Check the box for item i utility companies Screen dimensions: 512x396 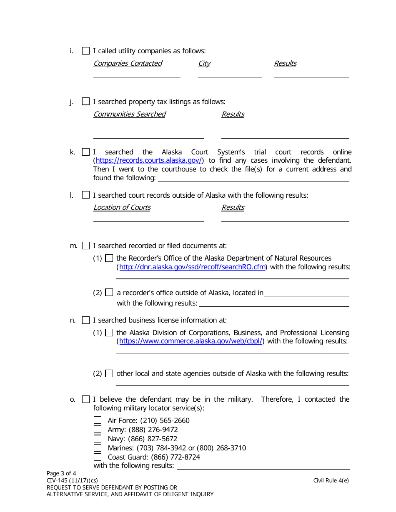click(x=86, y=51)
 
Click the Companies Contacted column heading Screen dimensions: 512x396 click(x=128, y=63)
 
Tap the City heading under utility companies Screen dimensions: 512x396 click(x=204, y=63)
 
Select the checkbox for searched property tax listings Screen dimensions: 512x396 click(x=86, y=102)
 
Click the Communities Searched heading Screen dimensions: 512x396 click(x=129, y=114)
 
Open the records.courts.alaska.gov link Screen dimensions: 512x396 click(x=149, y=161)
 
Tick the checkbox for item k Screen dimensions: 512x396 click(x=86, y=152)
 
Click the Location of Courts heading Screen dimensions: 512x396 click(x=122, y=207)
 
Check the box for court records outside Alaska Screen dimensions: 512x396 click(x=86, y=195)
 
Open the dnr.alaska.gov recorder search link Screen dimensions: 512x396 click(x=192, y=267)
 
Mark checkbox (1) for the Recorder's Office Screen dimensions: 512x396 click(x=109, y=258)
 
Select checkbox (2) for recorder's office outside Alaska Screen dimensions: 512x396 click(x=109, y=293)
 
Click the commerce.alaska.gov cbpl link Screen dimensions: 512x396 click(x=190, y=341)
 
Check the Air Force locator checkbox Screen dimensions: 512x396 click(x=98, y=420)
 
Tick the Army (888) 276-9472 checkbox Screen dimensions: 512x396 click(x=98, y=430)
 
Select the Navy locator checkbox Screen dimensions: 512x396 click(x=98, y=439)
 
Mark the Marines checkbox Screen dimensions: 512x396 click(x=98, y=448)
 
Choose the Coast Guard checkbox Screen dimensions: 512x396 click(x=98, y=457)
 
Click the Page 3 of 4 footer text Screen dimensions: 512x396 click(x=61, y=473)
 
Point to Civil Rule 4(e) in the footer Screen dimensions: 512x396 click(x=331, y=480)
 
